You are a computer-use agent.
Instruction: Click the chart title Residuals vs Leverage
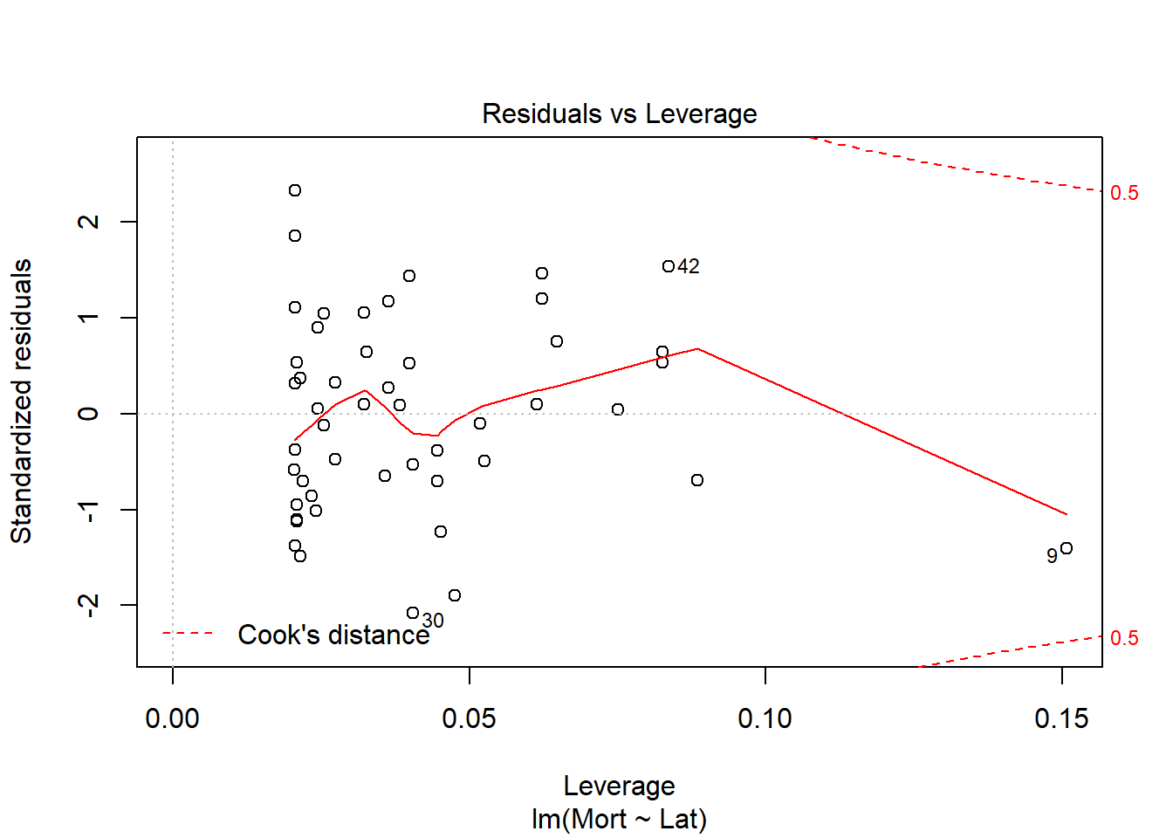[619, 113]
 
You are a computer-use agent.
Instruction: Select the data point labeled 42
[669, 266]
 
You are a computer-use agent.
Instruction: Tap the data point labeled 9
[1067, 548]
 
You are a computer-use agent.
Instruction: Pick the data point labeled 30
[413, 613]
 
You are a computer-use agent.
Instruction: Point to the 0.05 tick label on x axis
[469, 718]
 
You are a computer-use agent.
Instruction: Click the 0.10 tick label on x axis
[765, 718]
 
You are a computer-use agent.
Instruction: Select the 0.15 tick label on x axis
[1061, 718]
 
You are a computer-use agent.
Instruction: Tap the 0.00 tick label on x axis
[173, 718]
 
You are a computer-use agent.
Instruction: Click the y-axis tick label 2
[88, 222]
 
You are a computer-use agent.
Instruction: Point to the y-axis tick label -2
[88, 604]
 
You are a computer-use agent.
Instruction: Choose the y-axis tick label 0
[88, 414]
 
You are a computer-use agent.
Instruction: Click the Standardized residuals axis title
[21, 402]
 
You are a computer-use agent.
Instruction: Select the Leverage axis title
[619, 786]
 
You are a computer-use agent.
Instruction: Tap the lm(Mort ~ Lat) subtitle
[619, 819]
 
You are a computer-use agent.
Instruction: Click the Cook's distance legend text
[333, 635]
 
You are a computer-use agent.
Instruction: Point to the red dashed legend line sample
[188, 633]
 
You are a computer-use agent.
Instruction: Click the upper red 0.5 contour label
[1124, 193]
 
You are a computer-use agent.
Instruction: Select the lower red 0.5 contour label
[1124, 638]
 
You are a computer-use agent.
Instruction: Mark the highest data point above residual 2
[295, 190]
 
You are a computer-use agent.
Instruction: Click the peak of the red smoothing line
[698, 349]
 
